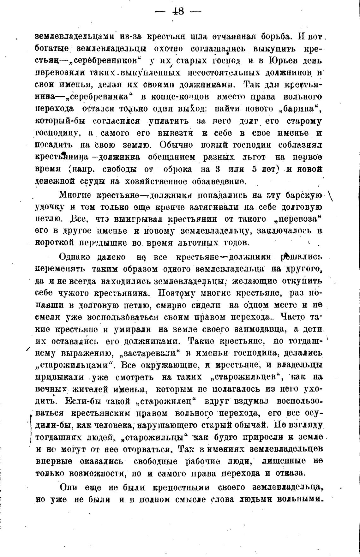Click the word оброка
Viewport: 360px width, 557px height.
point(177,169)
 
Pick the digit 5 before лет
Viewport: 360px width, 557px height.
point(254,169)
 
